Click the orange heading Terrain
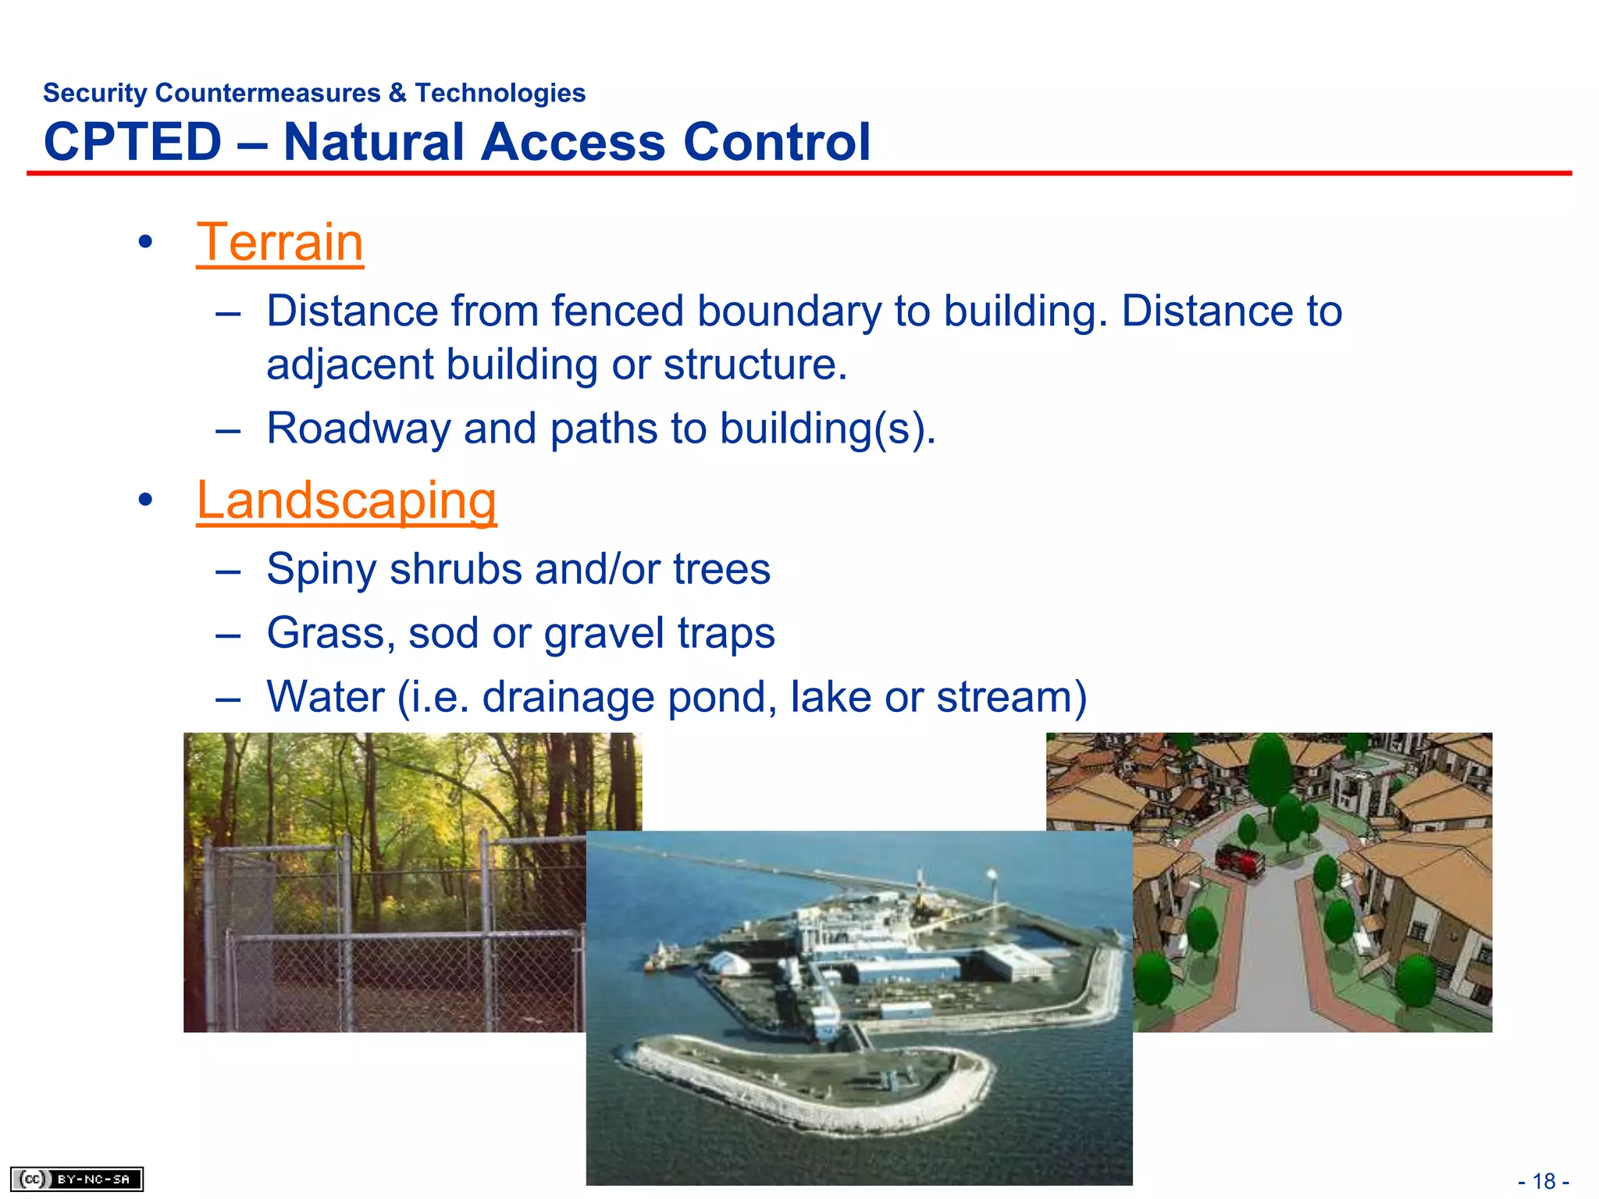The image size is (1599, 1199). coord(280,243)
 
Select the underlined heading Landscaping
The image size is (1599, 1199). coord(346,500)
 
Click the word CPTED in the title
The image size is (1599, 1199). coord(133,142)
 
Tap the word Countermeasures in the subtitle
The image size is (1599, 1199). coord(268,93)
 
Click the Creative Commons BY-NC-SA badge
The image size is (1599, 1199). coord(77,1179)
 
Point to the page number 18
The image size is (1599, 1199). coord(1544,1181)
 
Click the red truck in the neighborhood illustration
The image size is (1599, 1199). coord(1239,860)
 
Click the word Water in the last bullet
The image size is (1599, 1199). coord(325,697)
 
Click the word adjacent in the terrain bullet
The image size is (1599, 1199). coord(349,365)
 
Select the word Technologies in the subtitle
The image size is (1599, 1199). coord(500,93)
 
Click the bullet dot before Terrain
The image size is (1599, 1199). coord(144,243)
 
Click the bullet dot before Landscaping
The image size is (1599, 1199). coord(144,500)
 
